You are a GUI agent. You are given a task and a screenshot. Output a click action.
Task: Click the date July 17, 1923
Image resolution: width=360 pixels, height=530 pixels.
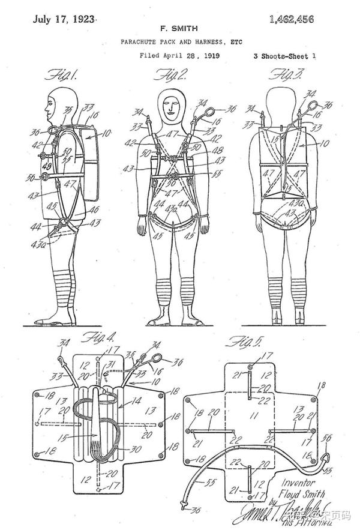tap(64, 19)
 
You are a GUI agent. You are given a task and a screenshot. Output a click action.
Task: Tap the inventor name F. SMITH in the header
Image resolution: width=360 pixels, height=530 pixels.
tap(178, 28)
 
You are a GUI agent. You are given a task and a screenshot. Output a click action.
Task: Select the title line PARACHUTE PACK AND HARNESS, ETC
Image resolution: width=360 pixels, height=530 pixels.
tap(178, 42)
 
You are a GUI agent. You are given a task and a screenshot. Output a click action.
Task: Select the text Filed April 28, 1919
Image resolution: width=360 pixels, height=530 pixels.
tap(179, 56)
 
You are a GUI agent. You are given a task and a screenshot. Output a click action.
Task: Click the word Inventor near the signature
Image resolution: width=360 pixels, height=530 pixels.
tap(299, 481)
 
